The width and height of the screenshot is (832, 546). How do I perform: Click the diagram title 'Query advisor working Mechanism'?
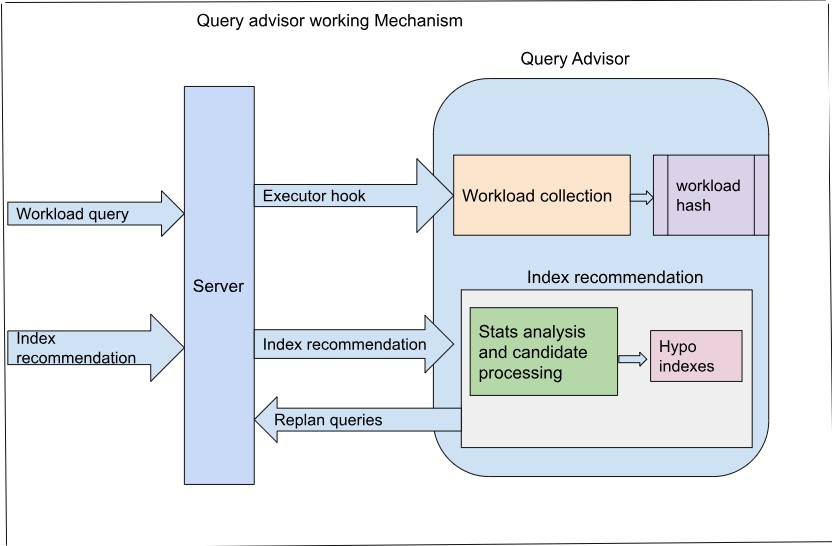(x=329, y=20)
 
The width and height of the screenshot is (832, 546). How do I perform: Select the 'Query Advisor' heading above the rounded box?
(x=575, y=58)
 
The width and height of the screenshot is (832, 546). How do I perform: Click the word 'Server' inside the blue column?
(x=218, y=286)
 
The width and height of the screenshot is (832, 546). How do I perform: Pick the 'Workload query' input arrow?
(x=90, y=214)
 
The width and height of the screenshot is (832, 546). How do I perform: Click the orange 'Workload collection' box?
(x=541, y=196)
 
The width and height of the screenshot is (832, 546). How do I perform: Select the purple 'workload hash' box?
(x=710, y=196)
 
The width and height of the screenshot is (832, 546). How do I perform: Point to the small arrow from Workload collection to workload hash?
(x=641, y=196)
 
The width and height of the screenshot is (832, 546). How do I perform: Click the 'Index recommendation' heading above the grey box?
(x=615, y=277)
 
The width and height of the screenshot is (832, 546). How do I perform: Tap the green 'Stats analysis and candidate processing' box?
(x=544, y=351)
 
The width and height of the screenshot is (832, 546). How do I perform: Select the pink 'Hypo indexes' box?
(x=696, y=355)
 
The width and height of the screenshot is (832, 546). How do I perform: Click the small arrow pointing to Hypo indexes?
(x=633, y=358)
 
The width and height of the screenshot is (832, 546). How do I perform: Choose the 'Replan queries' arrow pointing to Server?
(x=350, y=420)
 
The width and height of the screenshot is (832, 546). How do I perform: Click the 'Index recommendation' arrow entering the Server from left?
(x=90, y=348)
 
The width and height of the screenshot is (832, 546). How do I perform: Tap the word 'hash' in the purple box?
(x=694, y=205)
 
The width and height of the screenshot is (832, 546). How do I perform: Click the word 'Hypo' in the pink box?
(x=678, y=346)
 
